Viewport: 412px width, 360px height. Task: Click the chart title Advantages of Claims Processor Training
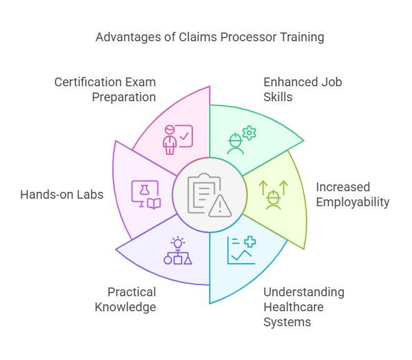tap(210, 37)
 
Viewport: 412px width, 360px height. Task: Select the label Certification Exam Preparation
tap(105, 89)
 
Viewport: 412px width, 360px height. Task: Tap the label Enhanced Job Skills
tap(303, 89)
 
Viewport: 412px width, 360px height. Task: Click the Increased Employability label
tap(352, 194)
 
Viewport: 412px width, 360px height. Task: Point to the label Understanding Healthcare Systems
tap(303, 307)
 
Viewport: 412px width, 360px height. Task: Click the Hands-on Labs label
tap(62, 194)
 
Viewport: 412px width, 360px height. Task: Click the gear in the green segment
tap(249, 132)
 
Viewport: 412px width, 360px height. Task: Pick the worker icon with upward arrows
tap(273, 194)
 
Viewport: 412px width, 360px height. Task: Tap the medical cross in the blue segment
tap(250, 242)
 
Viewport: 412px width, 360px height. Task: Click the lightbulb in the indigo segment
tap(178, 242)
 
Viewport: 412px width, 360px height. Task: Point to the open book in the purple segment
tap(153, 203)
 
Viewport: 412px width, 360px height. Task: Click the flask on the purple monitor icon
tap(143, 189)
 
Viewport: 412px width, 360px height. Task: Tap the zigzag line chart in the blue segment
tap(242, 254)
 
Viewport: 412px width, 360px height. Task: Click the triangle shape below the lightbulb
tap(188, 259)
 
